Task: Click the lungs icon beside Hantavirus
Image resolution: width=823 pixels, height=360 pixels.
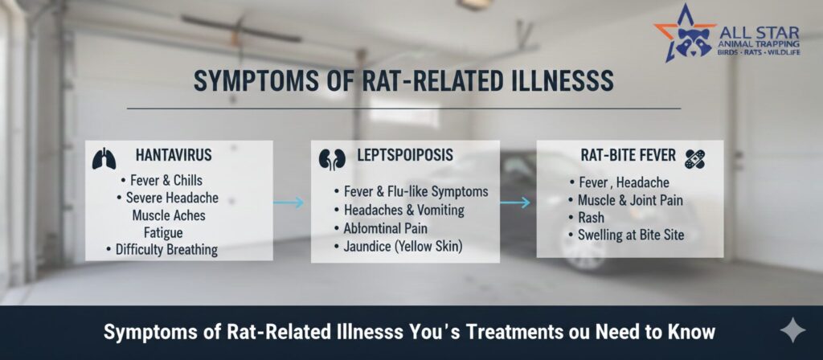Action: pos(104,158)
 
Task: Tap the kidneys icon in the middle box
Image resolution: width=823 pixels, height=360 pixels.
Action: pos(332,159)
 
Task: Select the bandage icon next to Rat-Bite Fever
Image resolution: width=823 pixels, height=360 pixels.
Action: pos(695,159)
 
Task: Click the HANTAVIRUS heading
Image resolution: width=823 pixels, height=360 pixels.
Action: pos(174,155)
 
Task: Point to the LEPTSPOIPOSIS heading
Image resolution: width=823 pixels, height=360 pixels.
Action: pos(405,155)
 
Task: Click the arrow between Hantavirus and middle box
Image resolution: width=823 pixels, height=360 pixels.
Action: pos(289,202)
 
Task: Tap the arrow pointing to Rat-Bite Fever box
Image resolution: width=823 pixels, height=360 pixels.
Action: pos(515,202)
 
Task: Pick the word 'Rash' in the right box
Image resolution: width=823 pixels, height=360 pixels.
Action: pos(591,217)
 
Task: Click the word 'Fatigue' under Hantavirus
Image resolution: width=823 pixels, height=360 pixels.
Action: pos(163,232)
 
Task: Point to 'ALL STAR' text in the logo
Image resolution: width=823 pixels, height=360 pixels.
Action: pos(760,32)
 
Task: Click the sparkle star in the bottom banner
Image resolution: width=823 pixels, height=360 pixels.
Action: pos(792,330)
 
